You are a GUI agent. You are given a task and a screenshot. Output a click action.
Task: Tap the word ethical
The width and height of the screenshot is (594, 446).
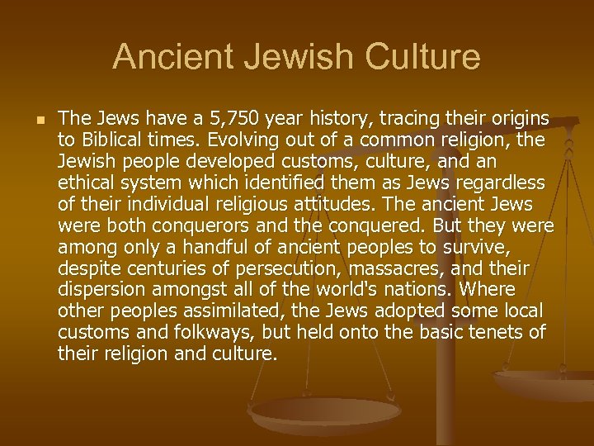86,183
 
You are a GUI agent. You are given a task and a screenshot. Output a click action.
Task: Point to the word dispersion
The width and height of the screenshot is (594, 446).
98,290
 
